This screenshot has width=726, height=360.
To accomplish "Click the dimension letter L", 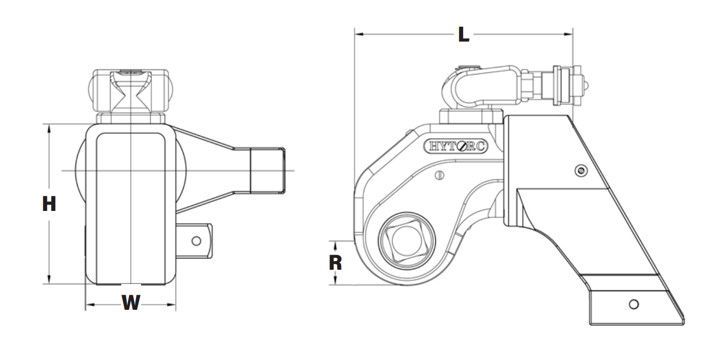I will pos(463,34).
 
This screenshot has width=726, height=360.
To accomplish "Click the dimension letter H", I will pos(49,204).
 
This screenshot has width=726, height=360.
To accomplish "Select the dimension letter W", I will pos(131,303).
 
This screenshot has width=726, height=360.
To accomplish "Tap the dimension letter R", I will pos(335,263).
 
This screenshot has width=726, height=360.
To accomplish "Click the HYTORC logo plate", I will pos(455,146).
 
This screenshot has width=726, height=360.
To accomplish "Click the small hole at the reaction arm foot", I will pos(633,304).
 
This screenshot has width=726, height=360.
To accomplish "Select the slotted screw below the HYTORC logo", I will pos(440,175).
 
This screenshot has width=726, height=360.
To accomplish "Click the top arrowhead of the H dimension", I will pos(49,128).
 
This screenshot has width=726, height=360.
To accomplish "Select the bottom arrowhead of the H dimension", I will pos(49,280).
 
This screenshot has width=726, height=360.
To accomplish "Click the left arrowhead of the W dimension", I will pos(89,305).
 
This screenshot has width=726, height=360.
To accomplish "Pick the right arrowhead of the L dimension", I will pos(569,34).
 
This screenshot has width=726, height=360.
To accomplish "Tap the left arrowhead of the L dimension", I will pos(359,34).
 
